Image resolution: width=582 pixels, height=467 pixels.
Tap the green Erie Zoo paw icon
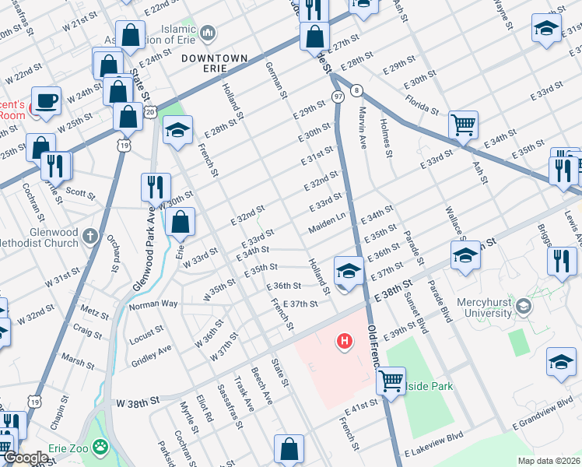(x=100, y=447)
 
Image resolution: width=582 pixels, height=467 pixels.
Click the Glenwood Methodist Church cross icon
(x=91, y=234)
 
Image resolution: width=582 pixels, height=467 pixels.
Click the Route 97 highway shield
(x=338, y=96)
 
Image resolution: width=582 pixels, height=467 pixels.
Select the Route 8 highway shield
(x=356, y=90)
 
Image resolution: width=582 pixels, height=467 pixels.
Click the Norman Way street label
(x=153, y=304)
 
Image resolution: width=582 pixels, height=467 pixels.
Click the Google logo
(x=25, y=458)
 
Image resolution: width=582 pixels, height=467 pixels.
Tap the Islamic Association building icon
(x=208, y=33)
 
